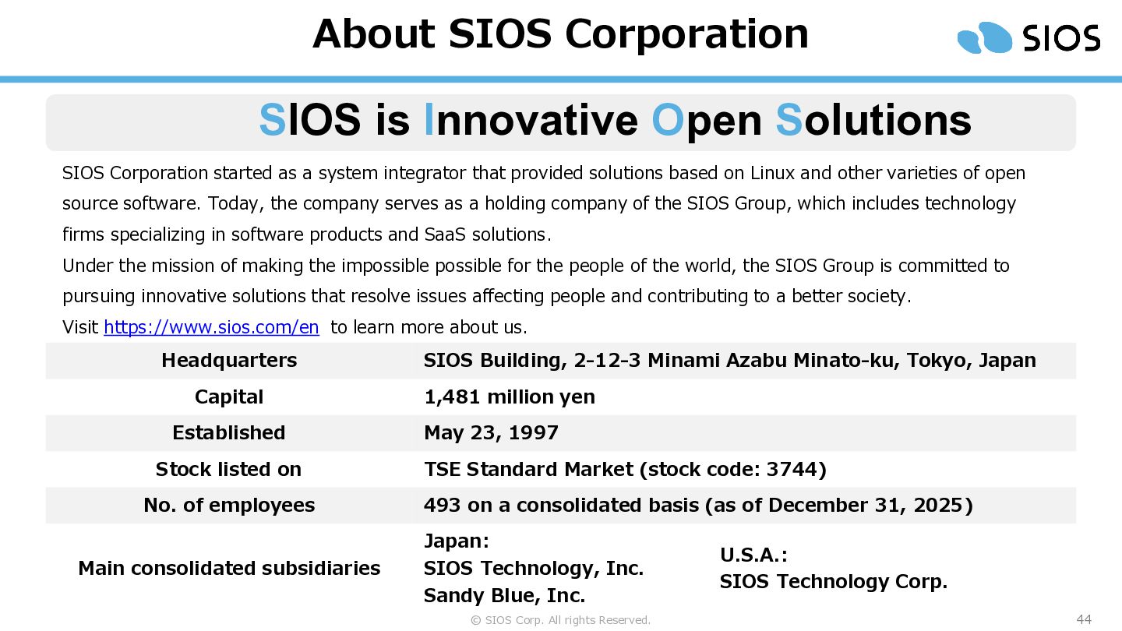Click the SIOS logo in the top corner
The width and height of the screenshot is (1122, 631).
[x=1028, y=37]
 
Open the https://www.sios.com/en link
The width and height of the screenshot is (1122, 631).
[x=211, y=327]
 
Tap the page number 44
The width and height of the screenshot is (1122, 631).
[x=1084, y=619]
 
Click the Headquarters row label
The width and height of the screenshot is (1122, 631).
[x=229, y=360]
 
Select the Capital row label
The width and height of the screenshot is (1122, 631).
[x=229, y=397]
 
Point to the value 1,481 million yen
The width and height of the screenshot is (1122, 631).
[x=510, y=397]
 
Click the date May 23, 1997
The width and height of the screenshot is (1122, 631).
[x=491, y=432]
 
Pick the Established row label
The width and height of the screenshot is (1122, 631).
[x=229, y=432]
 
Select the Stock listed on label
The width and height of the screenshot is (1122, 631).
[x=228, y=469]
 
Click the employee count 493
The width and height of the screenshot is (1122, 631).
[x=442, y=505]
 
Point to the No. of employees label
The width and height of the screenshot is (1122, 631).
[x=229, y=506]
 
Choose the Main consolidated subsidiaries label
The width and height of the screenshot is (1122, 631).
[x=229, y=569]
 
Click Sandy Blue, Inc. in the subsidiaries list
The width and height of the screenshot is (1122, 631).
[x=504, y=595]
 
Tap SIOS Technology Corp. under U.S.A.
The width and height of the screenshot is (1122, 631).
[x=834, y=581]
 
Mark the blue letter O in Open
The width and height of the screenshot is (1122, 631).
[x=668, y=120]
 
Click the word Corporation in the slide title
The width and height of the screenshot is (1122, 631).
[x=686, y=34]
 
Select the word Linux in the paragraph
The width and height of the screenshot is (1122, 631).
[x=772, y=173]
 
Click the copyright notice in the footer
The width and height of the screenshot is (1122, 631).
[x=560, y=620]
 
